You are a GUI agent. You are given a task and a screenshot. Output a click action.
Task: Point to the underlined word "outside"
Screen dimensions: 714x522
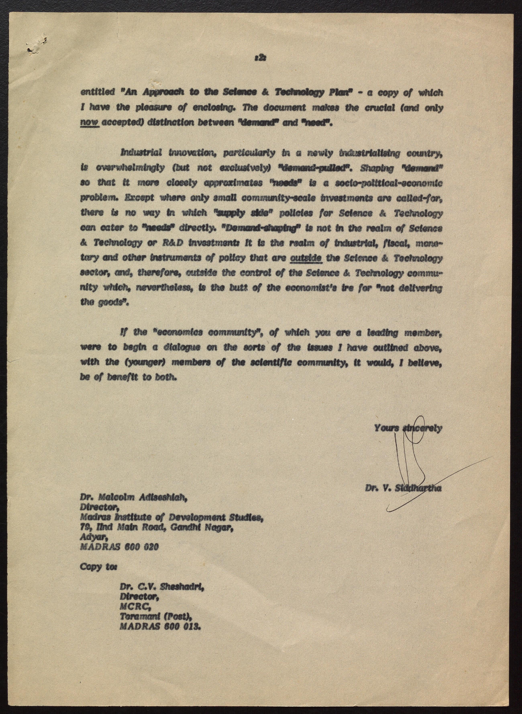[306, 258]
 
